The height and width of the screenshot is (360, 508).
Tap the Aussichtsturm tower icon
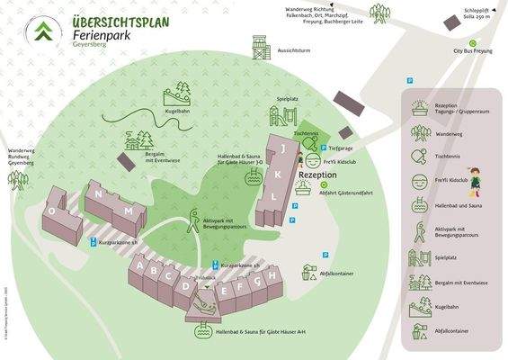[260, 46]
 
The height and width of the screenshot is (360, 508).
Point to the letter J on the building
[283, 147]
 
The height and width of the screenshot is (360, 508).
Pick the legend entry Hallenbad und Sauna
[459, 206]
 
